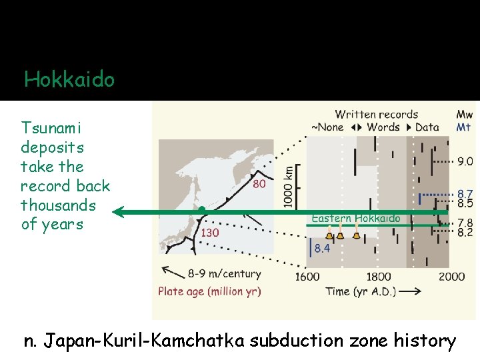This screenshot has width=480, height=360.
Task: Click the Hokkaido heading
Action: click(69, 81)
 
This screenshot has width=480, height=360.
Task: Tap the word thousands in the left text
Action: click(58, 205)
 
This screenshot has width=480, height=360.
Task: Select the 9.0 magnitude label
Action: click(465, 161)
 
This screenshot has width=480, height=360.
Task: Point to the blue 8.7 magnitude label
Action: click(465, 193)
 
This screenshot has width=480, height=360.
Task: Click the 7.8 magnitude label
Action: click(465, 223)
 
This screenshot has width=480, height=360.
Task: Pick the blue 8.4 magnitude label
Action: click(323, 249)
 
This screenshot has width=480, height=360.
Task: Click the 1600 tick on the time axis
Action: click(307, 277)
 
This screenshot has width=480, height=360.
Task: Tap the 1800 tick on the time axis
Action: click(379, 277)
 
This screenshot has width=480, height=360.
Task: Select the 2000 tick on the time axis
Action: click(451, 277)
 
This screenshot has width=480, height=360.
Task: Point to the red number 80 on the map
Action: click(259, 183)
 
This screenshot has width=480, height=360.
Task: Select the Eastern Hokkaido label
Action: click(356, 219)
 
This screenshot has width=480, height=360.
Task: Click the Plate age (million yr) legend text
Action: click(209, 291)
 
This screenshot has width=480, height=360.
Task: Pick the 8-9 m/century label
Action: click(224, 274)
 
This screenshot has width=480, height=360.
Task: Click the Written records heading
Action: click(377, 115)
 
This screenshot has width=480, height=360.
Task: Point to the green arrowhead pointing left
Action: click(119, 213)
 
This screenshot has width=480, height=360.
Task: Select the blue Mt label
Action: click(464, 127)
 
